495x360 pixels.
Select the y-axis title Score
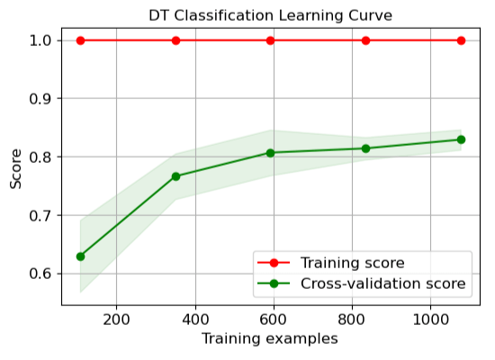point(15,168)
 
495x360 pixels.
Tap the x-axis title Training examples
point(270,339)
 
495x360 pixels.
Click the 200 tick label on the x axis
point(116,319)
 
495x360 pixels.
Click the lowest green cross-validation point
point(81,256)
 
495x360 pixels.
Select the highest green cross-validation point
point(461,139)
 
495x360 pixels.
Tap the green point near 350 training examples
point(175,176)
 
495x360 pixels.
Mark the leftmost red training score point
point(81,40)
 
